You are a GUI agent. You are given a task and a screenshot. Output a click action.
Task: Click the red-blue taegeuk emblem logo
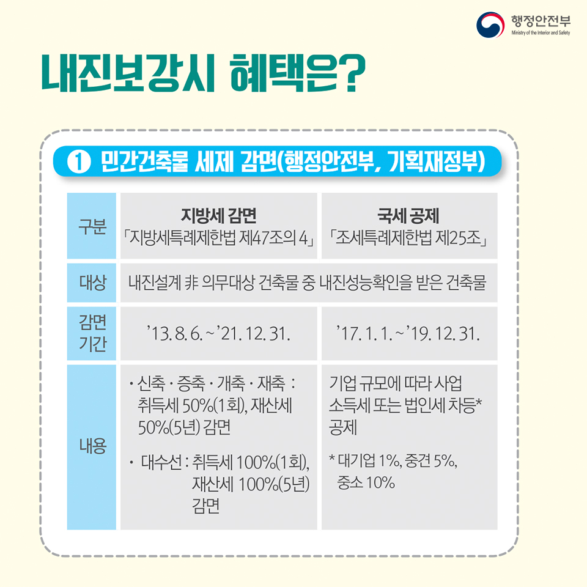tap(490, 24)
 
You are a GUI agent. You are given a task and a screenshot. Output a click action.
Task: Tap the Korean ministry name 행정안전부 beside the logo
tap(541, 21)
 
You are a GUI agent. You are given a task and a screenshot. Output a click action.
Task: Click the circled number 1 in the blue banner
tap(79, 161)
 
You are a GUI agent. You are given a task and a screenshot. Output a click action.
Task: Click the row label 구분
tap(92, 226)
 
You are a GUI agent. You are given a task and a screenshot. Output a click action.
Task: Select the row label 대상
tap(92, 282)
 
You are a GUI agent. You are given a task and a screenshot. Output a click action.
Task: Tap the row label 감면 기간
tap(92, 333)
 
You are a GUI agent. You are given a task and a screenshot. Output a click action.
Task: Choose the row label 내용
tap(92, 446)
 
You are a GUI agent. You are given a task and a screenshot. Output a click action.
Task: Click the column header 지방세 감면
tap(219, 215)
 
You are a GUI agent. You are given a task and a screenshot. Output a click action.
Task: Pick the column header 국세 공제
tap(408, 215)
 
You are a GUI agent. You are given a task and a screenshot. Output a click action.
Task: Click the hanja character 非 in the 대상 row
tap(191, 282)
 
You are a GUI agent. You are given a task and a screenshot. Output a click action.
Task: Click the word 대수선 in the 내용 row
tap(161, 462)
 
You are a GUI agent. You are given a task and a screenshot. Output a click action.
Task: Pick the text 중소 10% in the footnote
tap(366, 482)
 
